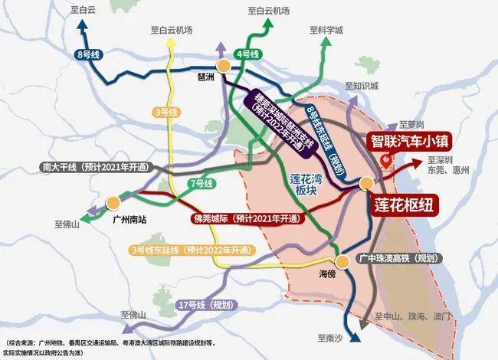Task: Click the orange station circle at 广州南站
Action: click(x=113, y=203)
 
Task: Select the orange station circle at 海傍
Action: click(x=336, y=259)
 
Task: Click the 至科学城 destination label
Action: click(x=326, y=31)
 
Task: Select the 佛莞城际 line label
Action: click(x=238, y=218)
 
